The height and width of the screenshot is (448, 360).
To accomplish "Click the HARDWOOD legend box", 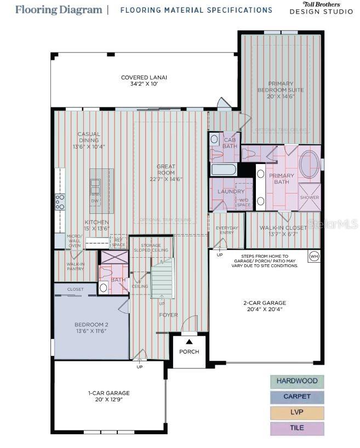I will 297,381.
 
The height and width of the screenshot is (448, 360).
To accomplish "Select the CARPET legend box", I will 297,396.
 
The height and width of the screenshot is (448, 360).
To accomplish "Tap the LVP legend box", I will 297,412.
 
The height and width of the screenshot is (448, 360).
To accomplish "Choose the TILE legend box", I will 297,428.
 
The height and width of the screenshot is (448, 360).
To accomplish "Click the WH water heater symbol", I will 313,256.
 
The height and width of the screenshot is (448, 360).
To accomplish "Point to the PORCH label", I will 189,351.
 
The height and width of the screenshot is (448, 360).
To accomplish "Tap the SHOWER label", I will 310,197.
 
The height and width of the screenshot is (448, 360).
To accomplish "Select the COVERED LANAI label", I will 144,81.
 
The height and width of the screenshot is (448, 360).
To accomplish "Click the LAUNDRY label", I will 231,191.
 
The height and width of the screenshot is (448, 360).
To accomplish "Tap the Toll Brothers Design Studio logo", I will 321,8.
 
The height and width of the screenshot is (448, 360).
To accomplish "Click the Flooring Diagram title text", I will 59,9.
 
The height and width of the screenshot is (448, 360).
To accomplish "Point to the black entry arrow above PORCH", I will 189,342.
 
